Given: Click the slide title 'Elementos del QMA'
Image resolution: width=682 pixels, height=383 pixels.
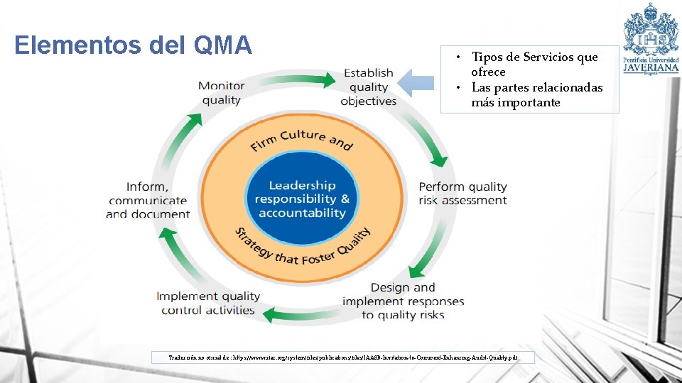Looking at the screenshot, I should (x=133, y=45).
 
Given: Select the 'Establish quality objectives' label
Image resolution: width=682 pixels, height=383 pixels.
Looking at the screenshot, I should (x=368, y=87).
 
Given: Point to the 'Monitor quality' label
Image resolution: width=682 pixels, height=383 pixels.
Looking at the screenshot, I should (x=221, y=93).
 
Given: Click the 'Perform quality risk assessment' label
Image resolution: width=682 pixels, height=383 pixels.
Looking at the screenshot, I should (x=462, y=193).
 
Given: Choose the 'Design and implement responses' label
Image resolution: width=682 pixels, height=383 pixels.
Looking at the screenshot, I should (x=403, y=301).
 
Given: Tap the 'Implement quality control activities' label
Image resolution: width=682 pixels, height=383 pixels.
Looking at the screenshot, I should (x=208, y=303).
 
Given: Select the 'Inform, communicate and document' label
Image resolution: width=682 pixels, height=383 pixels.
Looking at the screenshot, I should (x=148, y=200).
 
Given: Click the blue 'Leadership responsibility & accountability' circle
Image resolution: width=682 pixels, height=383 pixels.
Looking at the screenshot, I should (x=302, y=199).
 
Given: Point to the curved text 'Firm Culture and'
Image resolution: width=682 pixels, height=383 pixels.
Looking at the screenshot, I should (x=301, y=139).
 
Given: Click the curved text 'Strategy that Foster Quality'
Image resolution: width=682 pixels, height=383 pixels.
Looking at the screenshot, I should (x=302, y=250).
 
